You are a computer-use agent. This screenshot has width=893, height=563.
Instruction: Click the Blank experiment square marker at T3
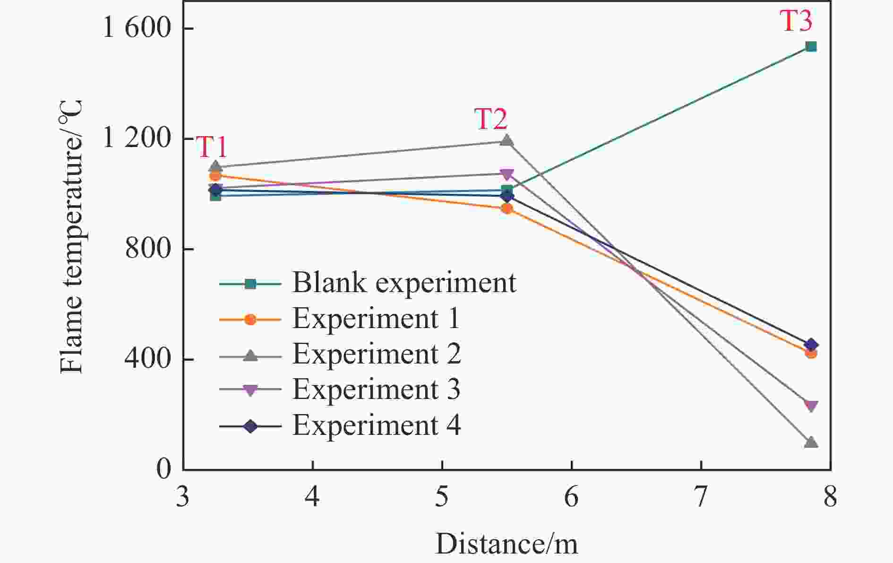(811, 46)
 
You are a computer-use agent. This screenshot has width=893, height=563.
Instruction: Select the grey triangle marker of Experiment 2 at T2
(507, 140)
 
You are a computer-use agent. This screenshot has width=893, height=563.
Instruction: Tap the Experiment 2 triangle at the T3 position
(811, 442)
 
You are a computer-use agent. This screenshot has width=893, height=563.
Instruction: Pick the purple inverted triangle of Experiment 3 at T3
(811, 406)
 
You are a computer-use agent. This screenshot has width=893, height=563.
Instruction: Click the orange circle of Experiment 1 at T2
(507, 208)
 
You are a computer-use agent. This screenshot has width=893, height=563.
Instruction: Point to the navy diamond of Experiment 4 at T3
(811, 345)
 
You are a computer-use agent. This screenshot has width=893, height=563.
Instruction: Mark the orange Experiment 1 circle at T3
(811, 353)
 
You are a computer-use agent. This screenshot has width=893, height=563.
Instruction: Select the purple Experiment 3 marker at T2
(507, 174)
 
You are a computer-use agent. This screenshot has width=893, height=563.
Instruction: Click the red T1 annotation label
(212, 147)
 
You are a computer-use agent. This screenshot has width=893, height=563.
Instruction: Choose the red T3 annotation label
(796, 21)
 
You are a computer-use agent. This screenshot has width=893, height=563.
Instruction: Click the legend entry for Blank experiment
(404, 283)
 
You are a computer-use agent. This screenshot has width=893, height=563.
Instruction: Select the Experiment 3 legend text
(376, 390)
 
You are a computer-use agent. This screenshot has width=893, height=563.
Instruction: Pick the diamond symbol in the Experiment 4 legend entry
(250, 426)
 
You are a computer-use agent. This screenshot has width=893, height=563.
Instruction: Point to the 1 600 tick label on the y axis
(136, 28)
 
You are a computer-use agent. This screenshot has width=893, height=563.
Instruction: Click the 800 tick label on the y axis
(147, 249)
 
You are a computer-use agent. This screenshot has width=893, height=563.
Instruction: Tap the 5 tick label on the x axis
(442, 498)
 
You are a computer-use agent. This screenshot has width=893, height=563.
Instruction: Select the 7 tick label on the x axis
(701, 498)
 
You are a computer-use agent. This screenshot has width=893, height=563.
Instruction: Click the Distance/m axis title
(506, 544)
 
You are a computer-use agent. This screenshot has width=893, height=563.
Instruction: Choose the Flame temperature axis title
(72, 236)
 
